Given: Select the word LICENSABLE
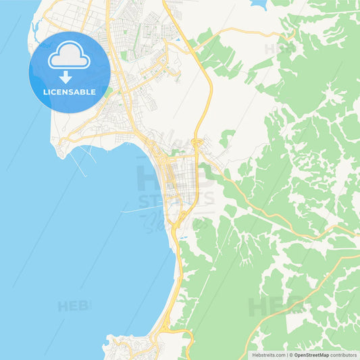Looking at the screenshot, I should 69,93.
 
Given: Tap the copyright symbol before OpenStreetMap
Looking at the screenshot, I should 290,355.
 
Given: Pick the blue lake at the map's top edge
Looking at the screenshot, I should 259,3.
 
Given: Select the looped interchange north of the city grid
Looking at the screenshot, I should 197,143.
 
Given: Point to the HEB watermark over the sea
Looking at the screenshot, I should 73,306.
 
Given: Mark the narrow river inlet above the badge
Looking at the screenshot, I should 34,27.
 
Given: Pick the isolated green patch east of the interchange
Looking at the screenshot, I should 228,138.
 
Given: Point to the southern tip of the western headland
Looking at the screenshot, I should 63,154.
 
